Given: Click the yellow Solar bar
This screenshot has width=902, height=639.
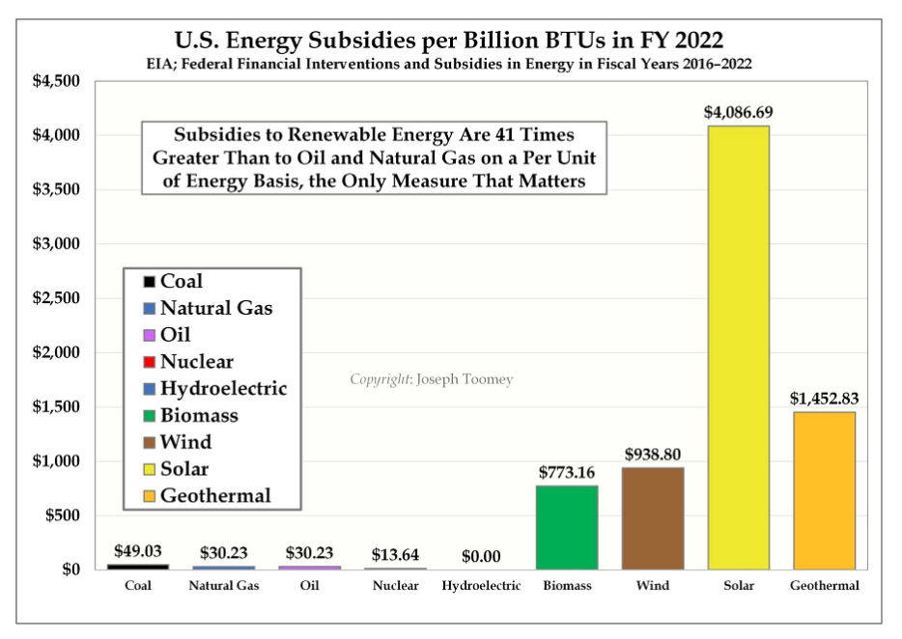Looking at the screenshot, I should (738, 347).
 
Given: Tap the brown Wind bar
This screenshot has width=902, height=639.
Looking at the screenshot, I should (653, 518).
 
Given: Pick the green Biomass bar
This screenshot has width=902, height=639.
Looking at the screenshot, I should (567, 527).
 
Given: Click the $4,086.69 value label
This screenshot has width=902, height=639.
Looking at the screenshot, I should (738, 113).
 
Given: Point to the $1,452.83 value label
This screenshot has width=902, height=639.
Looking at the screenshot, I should (824, 398).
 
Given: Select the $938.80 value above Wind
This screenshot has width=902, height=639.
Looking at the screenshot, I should (653, 454).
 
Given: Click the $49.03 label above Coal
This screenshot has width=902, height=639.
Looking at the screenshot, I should (138, 551).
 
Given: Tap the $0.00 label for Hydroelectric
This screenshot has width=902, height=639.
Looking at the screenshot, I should (482, 556).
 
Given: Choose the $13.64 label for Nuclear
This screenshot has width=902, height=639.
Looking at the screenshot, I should (395, 555).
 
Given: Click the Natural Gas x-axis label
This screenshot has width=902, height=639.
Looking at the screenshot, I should (223, 586).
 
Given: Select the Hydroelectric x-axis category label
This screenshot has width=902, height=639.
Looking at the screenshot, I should (482, 586).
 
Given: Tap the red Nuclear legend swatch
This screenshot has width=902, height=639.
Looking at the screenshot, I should (149, 363).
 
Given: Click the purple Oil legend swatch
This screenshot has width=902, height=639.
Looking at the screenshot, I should (149, 336).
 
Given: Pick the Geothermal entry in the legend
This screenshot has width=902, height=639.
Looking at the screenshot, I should (214, 496).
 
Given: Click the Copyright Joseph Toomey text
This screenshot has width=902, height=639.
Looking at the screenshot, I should (432, 379).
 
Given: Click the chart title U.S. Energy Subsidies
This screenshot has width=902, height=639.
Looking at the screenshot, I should (449, 42).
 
